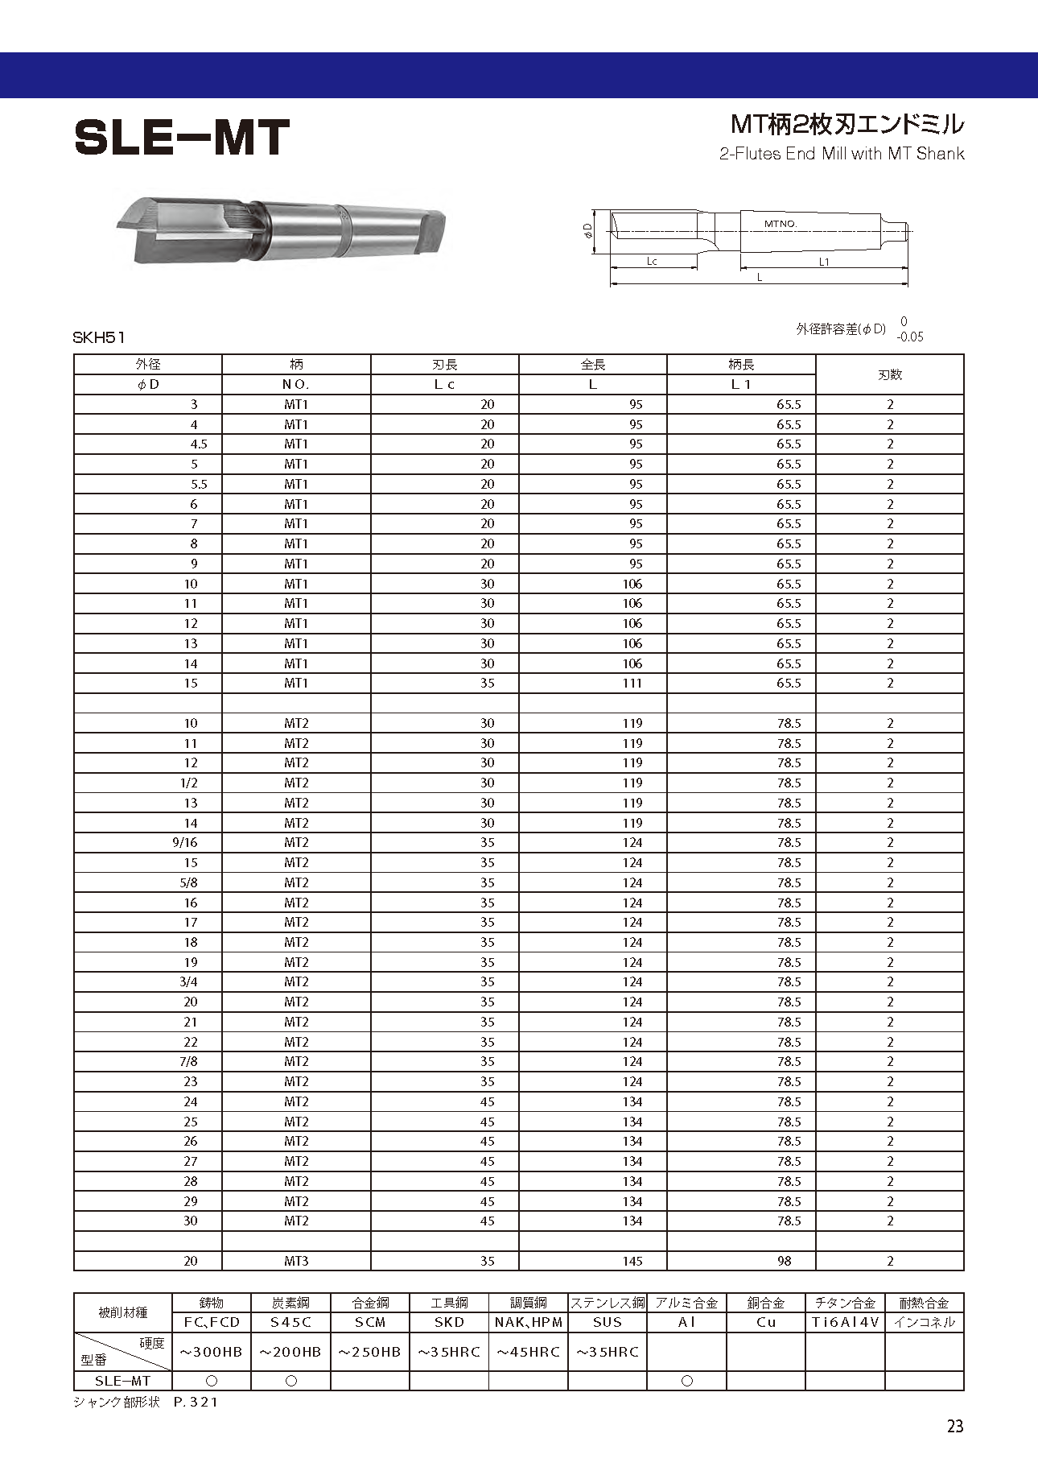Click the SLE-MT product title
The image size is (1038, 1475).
point(182,138)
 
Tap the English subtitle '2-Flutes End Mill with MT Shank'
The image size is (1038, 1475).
point(841,154)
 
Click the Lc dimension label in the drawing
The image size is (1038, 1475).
point(652,262)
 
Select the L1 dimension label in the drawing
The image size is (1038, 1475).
point(824,262)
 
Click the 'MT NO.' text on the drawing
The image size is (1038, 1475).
point(780,223)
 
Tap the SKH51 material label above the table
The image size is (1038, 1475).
point(99,338)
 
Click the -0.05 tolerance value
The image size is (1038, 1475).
point(910,337)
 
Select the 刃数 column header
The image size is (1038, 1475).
point(889,374)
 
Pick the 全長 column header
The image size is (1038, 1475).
point(593,365)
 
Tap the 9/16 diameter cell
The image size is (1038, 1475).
point(185,842)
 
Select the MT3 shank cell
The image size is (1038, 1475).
point(296,1261)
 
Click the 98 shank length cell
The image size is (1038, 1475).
point(785,1261)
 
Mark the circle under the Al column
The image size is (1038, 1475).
point(686,1381)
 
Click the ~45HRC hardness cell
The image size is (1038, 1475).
point(528,1352)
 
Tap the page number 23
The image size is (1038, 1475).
point(954,1427)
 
